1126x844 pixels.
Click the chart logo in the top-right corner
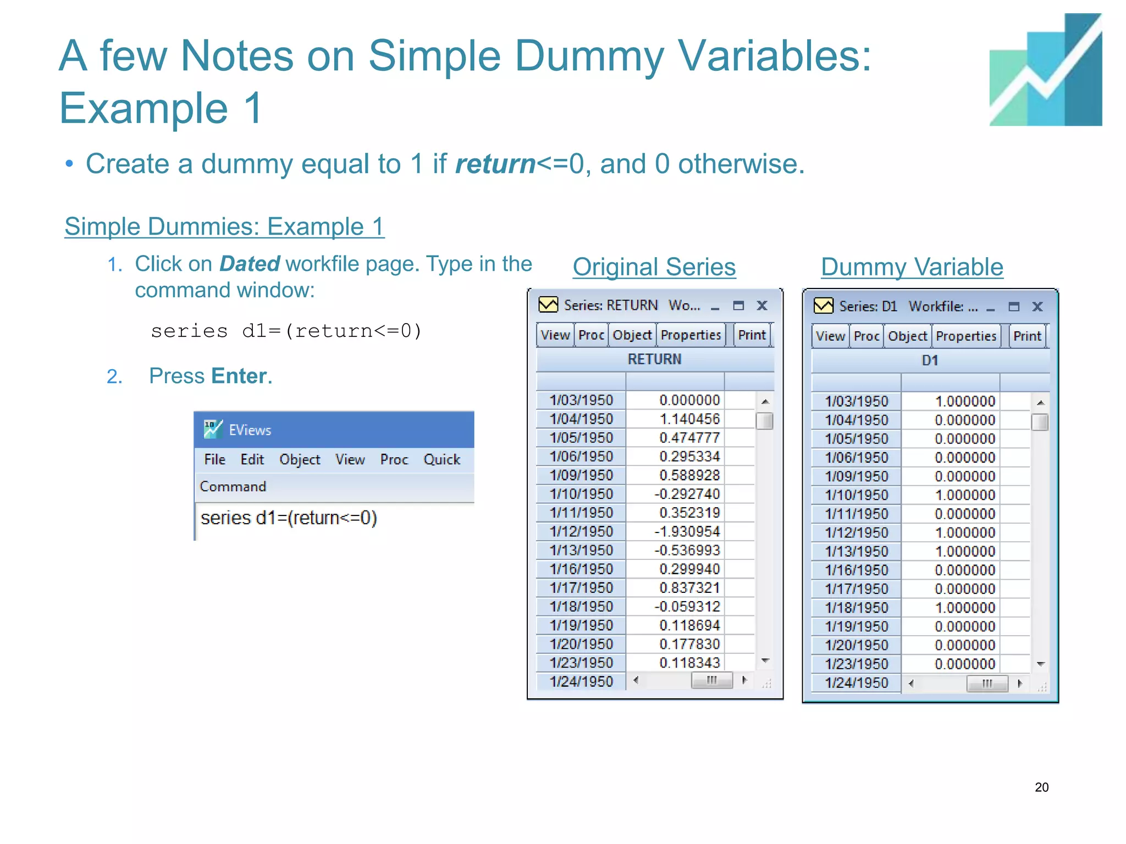coord(1045,70)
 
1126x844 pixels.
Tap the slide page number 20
coord(1041,787)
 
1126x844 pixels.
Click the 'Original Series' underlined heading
coord(654,267)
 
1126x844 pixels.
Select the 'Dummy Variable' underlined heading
coord(912,267)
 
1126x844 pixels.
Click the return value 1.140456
coord(689,419)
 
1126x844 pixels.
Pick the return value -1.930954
coord(687,532)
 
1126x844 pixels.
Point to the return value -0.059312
coord(687,607)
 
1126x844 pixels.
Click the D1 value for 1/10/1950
coord(965,495)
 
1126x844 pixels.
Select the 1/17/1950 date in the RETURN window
coord(581,588)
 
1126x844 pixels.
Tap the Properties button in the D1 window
coord(966,336)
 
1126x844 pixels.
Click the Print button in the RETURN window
coord(752,335)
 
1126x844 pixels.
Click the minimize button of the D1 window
coord(991,308)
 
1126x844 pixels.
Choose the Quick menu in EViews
coord(441,459)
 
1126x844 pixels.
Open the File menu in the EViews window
coord(214,459)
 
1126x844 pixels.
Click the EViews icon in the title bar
coord(213,429)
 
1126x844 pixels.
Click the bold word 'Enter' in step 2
coord(239,376)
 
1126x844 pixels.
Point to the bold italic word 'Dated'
coord(250,264)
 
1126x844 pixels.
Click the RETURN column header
coord(654,359)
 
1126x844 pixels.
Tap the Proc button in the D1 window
coord(866,336)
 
